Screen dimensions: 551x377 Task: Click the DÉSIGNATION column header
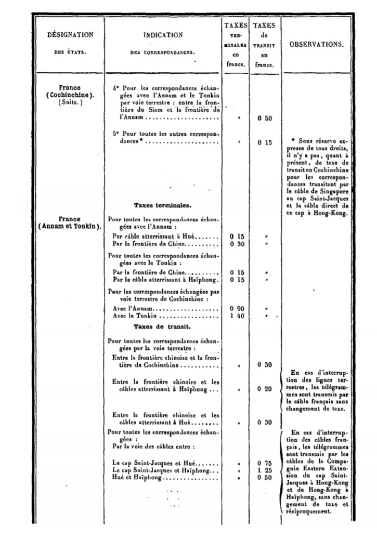coord(70,35)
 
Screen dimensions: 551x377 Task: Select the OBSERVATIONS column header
coord(317,45)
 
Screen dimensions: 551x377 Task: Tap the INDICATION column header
coord(163,35)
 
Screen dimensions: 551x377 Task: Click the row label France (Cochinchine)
coord(70,91)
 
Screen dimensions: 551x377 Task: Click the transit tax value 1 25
coord(265,470)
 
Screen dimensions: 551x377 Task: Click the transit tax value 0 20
coord(265,389)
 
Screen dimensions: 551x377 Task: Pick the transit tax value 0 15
coord(265,142)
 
